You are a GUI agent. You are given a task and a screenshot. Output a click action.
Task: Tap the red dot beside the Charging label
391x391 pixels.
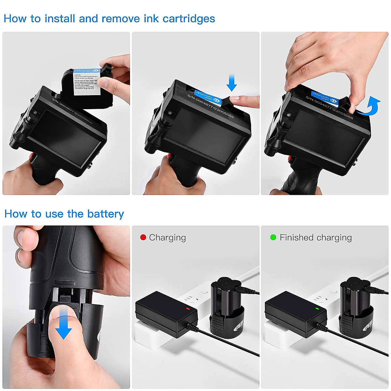pyautogui.click(x=143, y=237)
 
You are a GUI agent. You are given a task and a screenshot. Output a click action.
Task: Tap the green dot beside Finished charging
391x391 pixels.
pyautogui.click(x=273, y=237)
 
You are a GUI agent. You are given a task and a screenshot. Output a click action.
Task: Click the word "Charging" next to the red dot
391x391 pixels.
pyautogui.click(x=167, y=238)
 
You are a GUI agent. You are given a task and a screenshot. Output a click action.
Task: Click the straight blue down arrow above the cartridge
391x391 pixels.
pyautogui.click(x=231, y=82)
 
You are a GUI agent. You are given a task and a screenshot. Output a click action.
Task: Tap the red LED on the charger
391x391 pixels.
pyautogui.click(x=187, y=308)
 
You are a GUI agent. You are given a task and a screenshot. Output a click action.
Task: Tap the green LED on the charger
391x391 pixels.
pyautogui.click(x=316, y=308)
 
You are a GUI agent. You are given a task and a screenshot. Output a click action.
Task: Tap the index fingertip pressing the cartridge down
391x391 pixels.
pyautogui.click(x=243, y=101)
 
